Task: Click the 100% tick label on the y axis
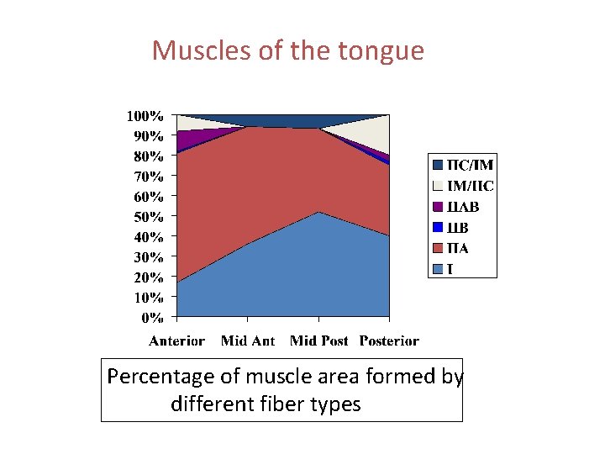(x=145, y=115)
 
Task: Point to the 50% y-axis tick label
(x=148, y=216)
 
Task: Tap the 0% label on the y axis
(x=151, y=318)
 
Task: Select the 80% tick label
(x=148, y=156)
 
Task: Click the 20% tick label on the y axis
(x=148, y=277)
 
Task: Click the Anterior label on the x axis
(x=176, y=340)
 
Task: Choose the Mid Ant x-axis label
(x=247, y=340)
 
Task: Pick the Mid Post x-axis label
(x=318, y=340)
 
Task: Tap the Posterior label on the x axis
(x=389, y=340)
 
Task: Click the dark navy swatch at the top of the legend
(x=438, y=166)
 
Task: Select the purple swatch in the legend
(x=438, y=207)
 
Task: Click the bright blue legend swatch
(x=438, y=227)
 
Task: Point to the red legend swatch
(x=438, y=248)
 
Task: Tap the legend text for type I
(x=450, y=269)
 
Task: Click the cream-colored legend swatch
(x=438, y=186)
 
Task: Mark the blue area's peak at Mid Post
(x=318, y=213)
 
